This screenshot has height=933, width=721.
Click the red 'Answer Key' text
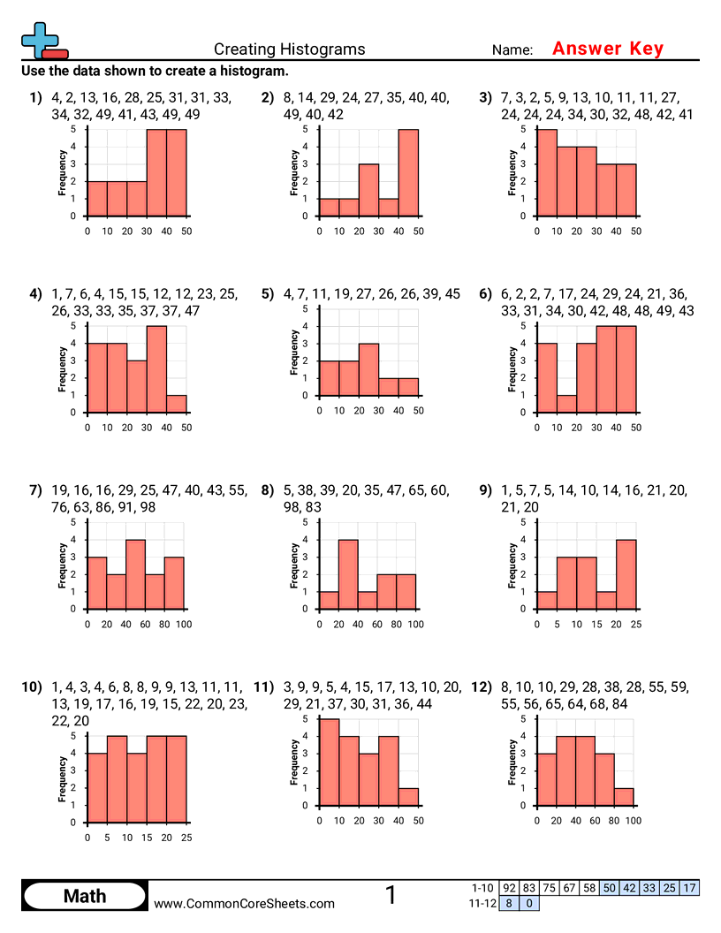[607, 49]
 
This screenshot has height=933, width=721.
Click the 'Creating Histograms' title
[289, 49]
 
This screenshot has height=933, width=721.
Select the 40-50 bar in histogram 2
[408, 172]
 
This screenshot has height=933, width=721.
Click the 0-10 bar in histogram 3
[547, 172]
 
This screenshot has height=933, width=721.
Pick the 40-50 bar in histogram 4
[176, 404]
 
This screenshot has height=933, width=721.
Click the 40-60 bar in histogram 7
[135, 574]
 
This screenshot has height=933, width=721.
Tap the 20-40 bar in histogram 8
[348, 574]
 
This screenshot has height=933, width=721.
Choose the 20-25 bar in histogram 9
[625, 574]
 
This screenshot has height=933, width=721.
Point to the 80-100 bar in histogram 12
[624, 797]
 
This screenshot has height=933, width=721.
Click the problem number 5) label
[268, 294]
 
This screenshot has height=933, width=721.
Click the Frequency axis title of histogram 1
[63, 173]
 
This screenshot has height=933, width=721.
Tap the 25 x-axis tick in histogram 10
[186, 838]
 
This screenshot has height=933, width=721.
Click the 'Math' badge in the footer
[84, 897]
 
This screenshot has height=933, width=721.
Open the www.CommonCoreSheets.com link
[245, 904]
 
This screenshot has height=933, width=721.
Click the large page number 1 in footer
[391, 896]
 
